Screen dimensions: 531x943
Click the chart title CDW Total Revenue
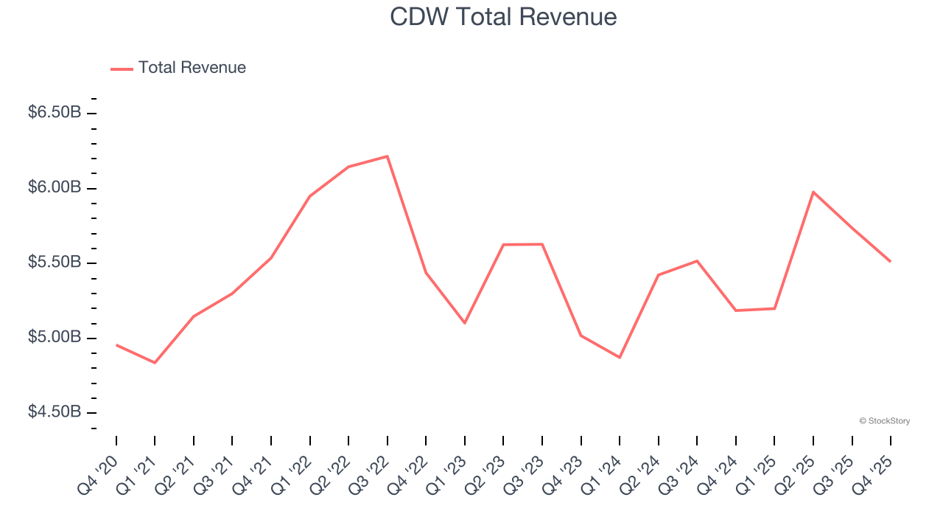click(x=503, y=17)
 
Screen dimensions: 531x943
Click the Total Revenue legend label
click(x=192, y=68)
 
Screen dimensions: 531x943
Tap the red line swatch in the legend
click(x=122, y=69)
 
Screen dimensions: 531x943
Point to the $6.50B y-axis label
click(x=55, y=113)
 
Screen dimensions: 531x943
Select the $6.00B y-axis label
click(x=55, y=188)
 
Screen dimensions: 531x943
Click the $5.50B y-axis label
click(x=55, y=263)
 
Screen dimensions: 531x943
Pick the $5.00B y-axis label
click(x=55, y=338)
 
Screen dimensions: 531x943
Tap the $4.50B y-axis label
click(x=55, y=412)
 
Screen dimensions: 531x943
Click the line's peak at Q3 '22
click(x=388, y=156)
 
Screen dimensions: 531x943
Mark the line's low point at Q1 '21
click(x=155, y=363)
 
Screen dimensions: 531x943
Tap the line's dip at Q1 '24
click(x=620, y=358)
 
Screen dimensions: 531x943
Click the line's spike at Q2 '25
click(x=813, y=192)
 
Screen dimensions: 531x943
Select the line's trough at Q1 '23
click(x=465, y=323)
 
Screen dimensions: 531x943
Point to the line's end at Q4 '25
click(x=890, y=261)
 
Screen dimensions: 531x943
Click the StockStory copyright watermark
click(x=884, y=421)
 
